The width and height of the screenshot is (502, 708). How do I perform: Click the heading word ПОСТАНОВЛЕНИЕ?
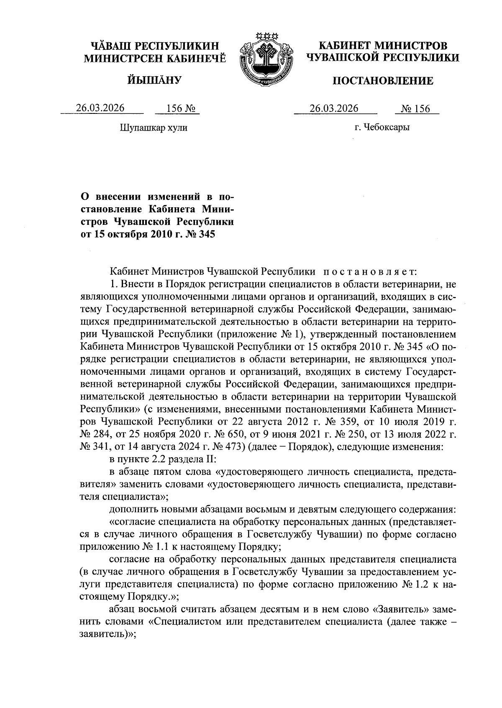coord(383,81)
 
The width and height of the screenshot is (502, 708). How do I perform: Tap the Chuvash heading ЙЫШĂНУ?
coord(154,80)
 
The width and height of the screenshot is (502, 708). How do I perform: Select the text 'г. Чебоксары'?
coord(382,127)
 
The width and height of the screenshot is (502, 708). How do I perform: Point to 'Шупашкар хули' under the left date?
coord(154,127)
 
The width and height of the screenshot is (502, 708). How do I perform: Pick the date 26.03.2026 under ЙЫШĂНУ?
coord(100,108)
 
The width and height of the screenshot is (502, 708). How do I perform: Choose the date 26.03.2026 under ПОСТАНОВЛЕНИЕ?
coord(334,108)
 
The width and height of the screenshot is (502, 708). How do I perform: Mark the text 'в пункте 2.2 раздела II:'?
coord(162,460)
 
